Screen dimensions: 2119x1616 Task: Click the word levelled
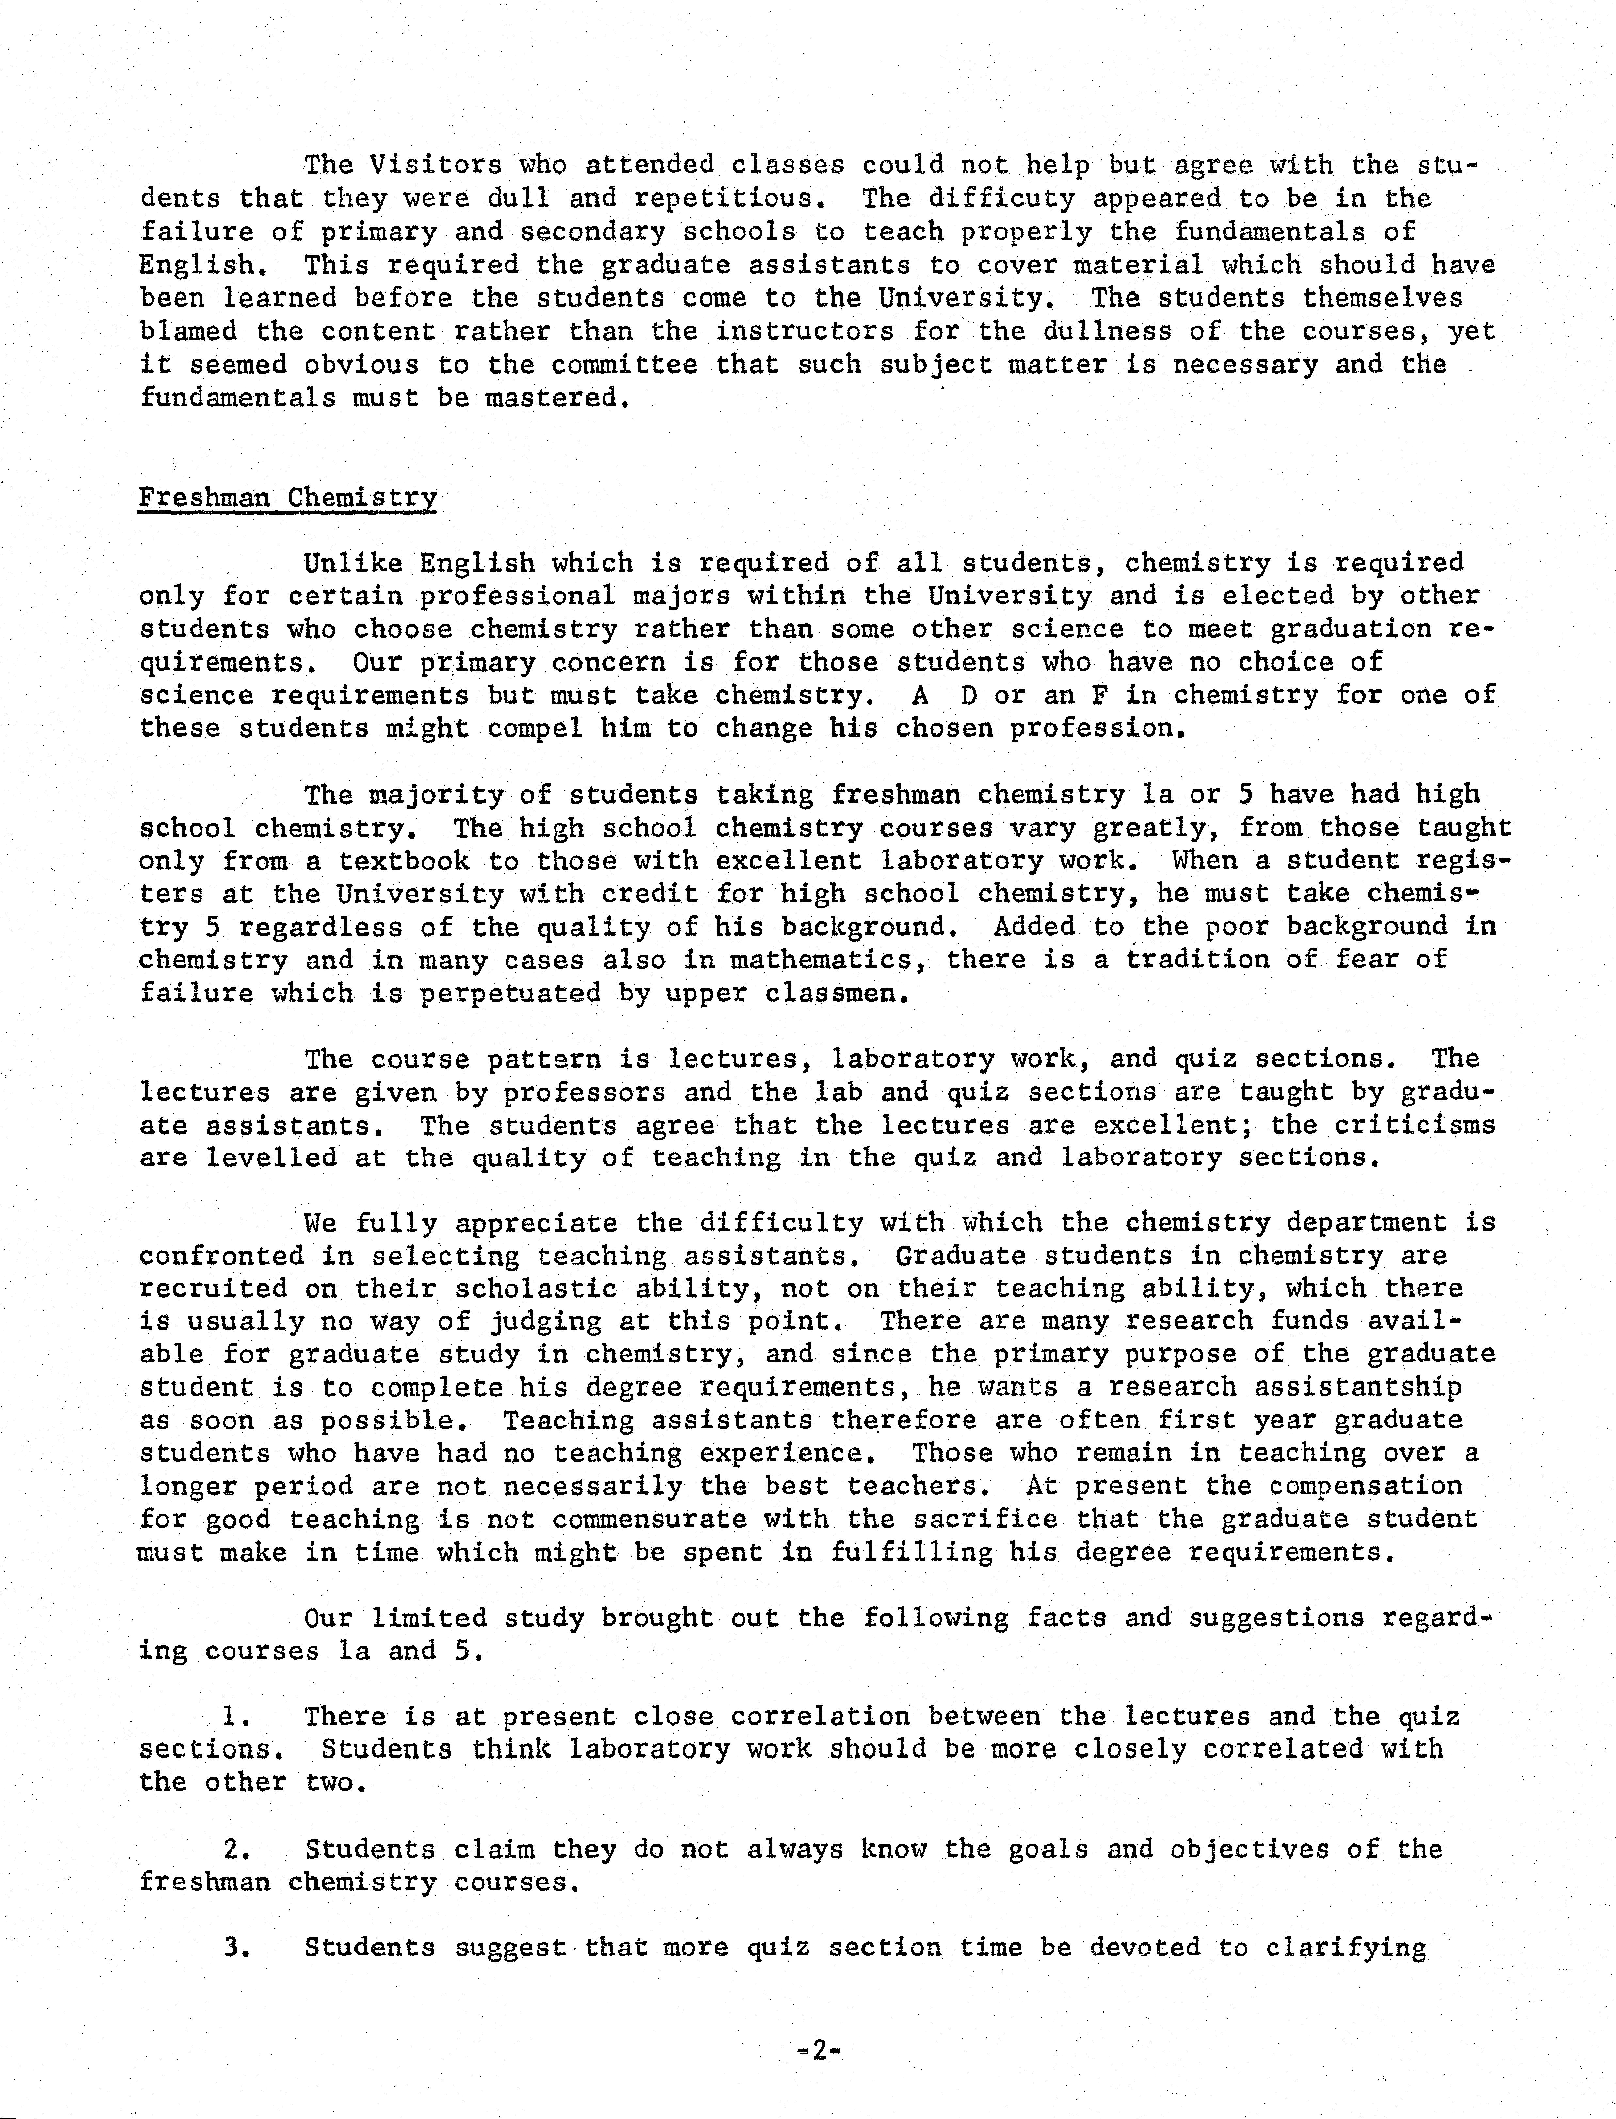click(x=271, y=1158)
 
